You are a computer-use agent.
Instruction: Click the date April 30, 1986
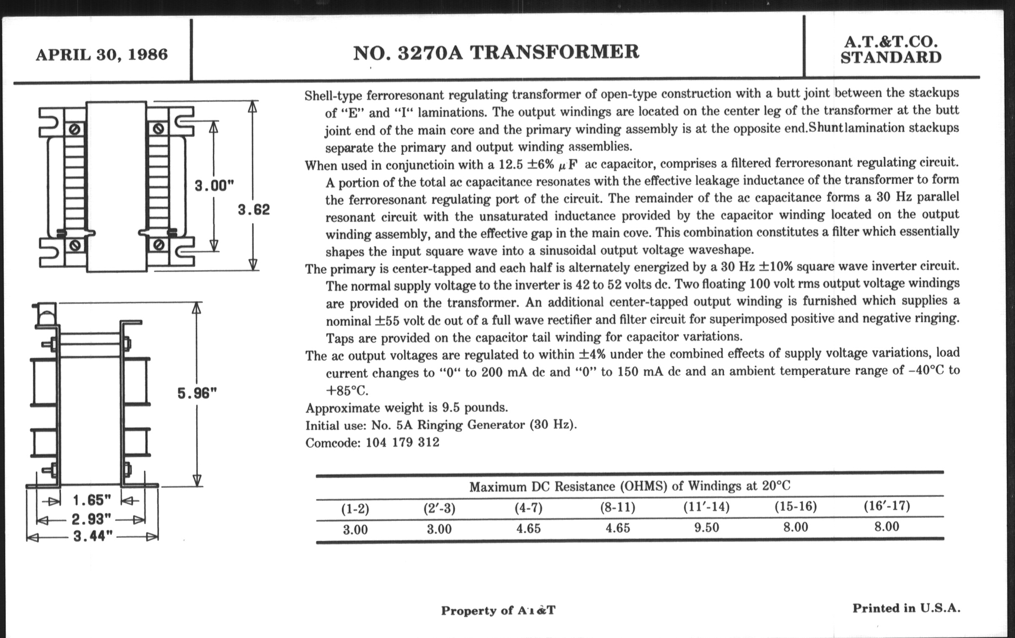[101, 55]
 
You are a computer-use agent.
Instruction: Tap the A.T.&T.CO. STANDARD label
[891, 50]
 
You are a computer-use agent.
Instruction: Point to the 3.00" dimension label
[214, 185]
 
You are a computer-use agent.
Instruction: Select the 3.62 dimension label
[253, 209]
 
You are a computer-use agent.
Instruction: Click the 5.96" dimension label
[197, 393]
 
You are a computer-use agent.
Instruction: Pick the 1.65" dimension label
[91, 500]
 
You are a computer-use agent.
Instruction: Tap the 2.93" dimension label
[91, 519]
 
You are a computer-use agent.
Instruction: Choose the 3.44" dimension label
[93, 537]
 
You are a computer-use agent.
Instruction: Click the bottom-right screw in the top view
[159, 244]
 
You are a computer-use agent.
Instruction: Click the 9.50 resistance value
[707, 527]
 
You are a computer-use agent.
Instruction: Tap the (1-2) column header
[355, 509]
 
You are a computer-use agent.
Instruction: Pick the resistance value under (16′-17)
[886, 526]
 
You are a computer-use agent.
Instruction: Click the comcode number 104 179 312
[402, 442]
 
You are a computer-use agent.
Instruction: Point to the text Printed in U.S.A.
[906, 608]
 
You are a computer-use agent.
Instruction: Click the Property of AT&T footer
[498, 610]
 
